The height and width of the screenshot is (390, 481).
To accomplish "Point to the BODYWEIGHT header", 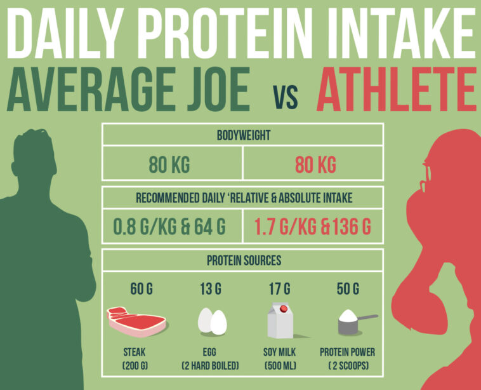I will coord(242,136).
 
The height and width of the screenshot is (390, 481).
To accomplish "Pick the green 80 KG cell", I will coord(169,166).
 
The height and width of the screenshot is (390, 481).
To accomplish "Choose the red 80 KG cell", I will coord(315,166).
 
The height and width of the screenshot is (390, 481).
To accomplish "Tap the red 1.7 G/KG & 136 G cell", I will coord(315,226).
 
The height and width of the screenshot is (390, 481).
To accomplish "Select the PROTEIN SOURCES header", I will coord(244,260).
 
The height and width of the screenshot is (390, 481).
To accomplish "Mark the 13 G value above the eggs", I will coord(211,289).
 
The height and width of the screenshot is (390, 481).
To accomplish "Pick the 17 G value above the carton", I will coord(279,289).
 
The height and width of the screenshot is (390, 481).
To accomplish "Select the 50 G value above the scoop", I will coord(348,289).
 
